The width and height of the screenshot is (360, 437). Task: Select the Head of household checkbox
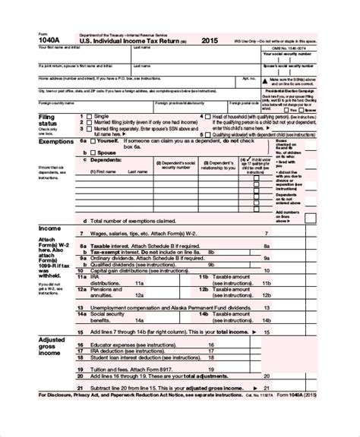(207, 116)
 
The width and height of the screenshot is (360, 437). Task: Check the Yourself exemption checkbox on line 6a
(93, 140)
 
